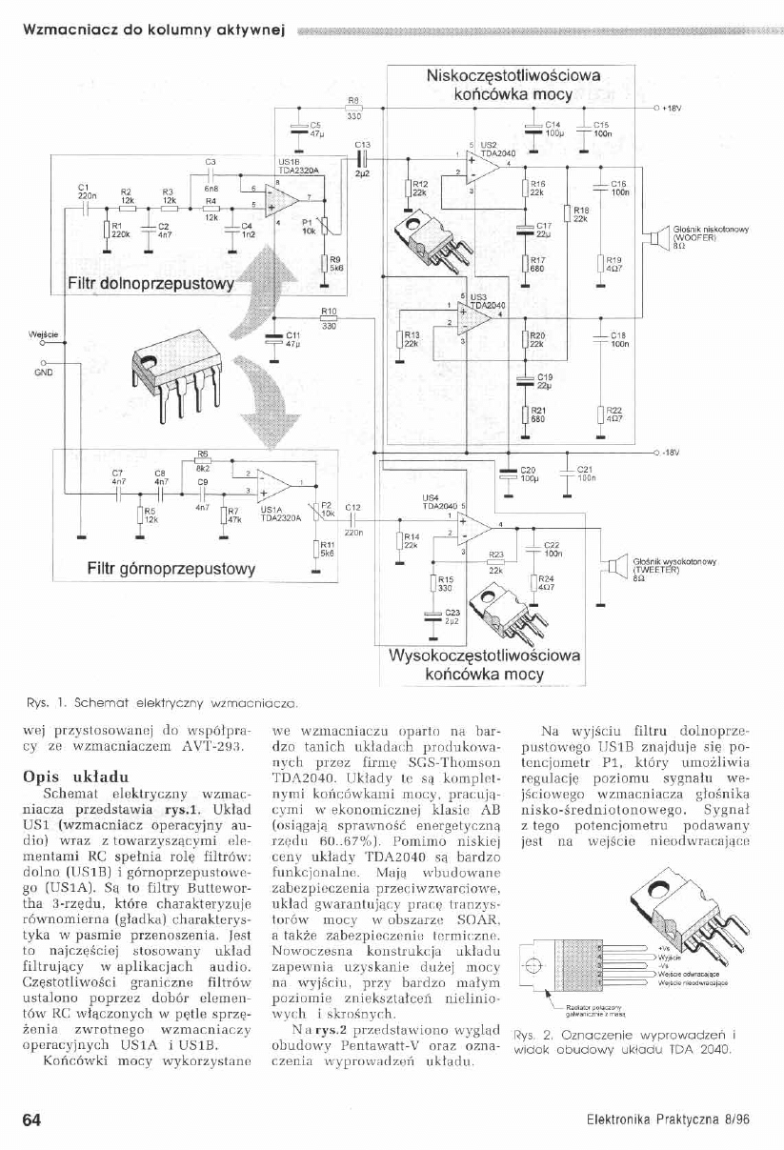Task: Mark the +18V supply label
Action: click(x=671, y=108)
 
